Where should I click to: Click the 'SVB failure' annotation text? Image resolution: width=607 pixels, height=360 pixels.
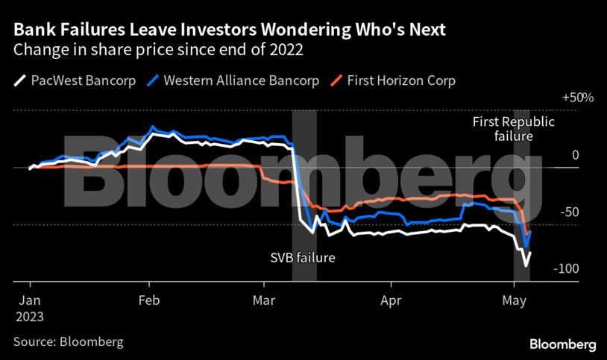[302, 259]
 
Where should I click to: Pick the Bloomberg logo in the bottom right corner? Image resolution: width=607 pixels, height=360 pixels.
[562, 344]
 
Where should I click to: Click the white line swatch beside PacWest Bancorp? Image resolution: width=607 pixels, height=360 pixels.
[20, 80]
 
